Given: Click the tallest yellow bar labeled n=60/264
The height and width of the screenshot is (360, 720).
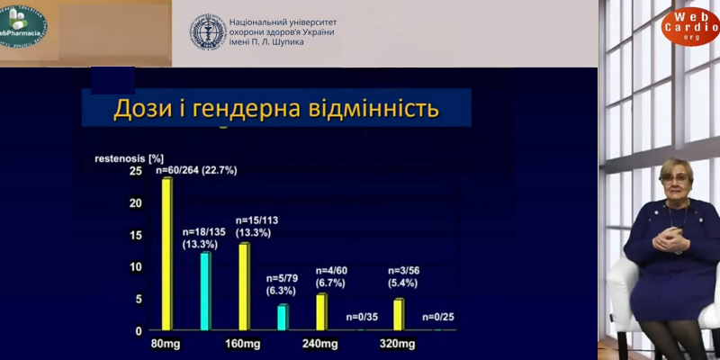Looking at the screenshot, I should [166, 254].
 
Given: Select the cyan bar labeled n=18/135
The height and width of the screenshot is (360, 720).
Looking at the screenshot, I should [205, 291].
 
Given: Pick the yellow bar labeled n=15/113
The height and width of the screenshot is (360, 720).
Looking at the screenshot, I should [244, 286].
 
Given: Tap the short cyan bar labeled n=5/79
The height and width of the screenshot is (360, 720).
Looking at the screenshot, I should [283, 317].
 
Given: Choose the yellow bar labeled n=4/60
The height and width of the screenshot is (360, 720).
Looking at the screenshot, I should [321, 311].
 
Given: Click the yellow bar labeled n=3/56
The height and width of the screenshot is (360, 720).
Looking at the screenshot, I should [398, 314].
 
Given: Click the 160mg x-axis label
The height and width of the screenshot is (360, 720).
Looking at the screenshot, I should [244, 345].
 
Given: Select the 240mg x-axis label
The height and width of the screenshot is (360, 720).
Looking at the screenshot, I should [320, 345].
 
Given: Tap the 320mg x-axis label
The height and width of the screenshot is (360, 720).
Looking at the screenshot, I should [397, 345].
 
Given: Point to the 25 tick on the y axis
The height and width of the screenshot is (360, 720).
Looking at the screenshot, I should [135, 171].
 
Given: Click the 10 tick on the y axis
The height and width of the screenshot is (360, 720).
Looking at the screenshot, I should [135, 266].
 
